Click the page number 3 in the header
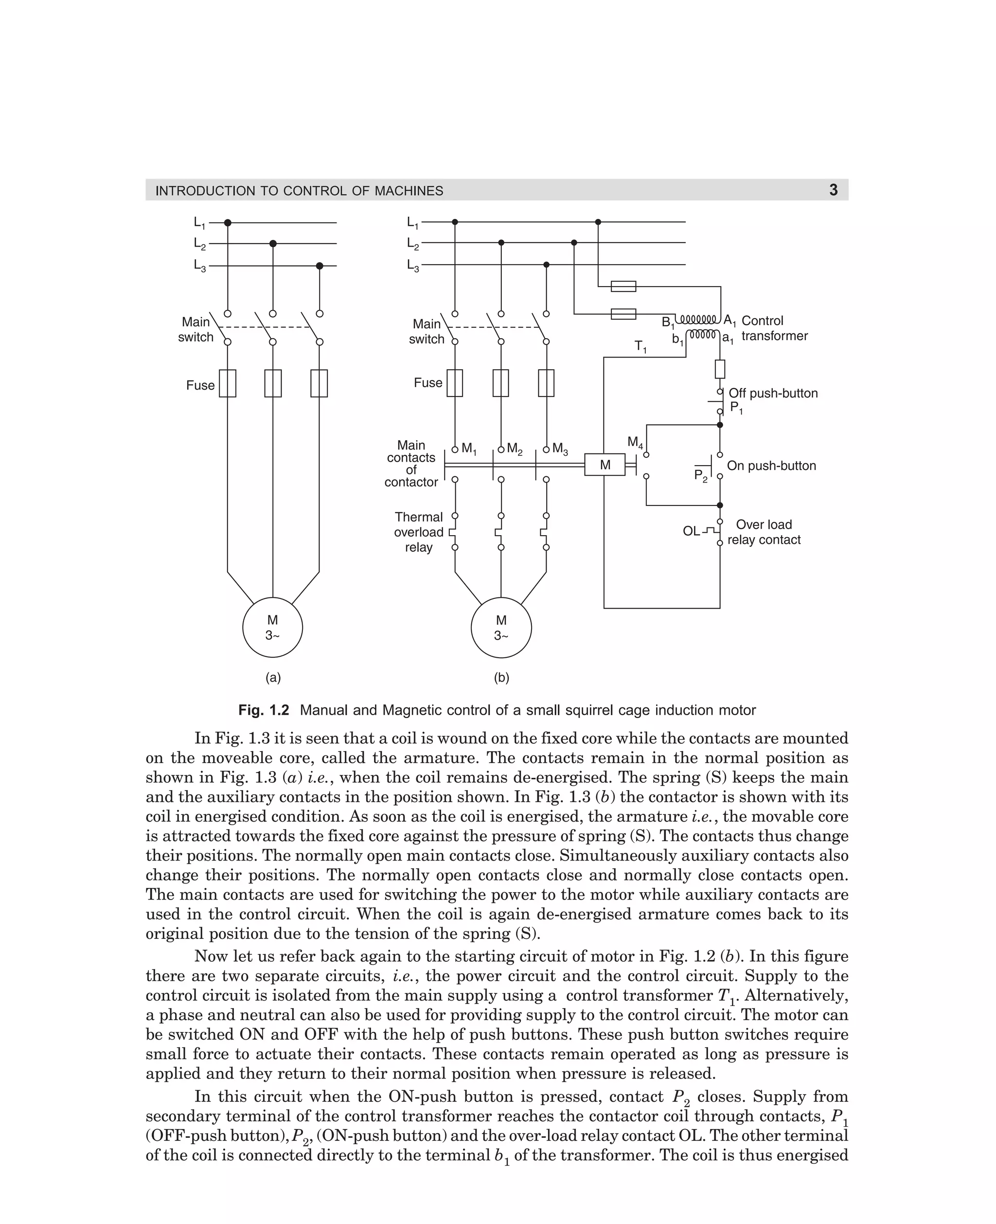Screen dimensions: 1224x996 coord(833,190)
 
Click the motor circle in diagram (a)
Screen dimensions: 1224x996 coord(272,627)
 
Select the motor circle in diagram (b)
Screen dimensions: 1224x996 coord(501,627)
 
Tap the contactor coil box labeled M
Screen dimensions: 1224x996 coord(605,465)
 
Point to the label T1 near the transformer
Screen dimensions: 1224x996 coord(640,346)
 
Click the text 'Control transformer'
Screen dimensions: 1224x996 coord(774,328)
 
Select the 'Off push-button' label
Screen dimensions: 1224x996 coord(773,393)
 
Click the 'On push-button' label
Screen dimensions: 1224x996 coord(771,466)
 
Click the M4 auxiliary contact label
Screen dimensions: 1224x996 coord(635,442)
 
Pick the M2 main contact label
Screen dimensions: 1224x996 coord(515,449)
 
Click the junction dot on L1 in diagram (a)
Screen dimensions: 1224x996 coord(228,223)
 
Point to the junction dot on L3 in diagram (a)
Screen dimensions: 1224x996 coord(320,266)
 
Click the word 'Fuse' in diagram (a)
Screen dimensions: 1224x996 coord(200,385)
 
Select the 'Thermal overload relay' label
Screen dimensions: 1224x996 coord(418,532)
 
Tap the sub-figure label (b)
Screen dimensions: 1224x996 coord(501,678)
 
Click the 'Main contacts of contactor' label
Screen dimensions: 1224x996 coord(411,464)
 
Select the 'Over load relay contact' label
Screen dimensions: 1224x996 coord(764,532)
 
